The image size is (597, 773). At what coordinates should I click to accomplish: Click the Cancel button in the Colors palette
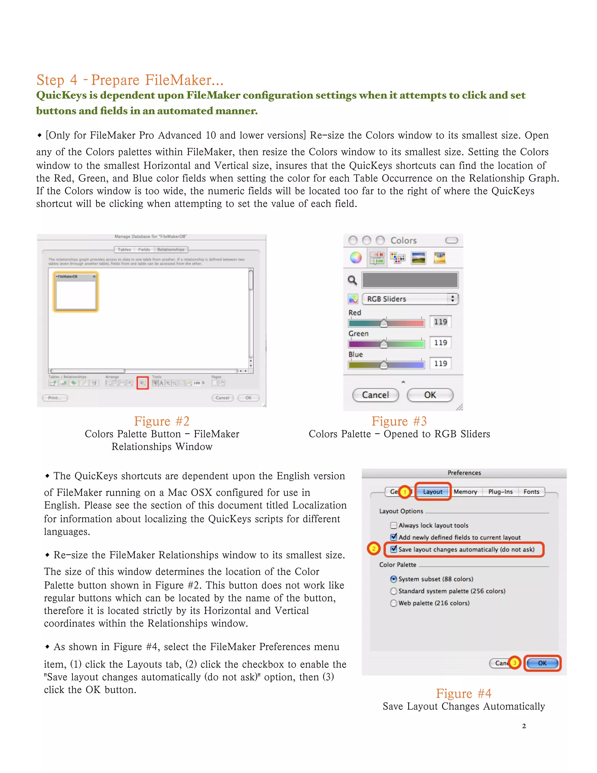[x=375, y=395]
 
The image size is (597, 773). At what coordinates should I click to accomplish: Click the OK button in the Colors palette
[x=430, y=395]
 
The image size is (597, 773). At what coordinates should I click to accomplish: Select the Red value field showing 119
[x=440, y=322]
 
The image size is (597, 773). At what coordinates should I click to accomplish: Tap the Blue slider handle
[x=384, y=365]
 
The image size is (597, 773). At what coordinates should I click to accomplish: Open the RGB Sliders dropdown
[x=410, y=299]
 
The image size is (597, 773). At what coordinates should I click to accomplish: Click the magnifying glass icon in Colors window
[x=352, y=280]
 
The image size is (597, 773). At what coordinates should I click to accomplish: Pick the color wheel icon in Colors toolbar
[x=356, y=258]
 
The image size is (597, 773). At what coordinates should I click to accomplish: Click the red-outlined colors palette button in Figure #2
[x=143, y=383]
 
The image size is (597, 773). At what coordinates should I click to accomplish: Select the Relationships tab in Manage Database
[x=171, y=249]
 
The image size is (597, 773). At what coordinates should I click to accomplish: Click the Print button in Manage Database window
[x=55, y=398]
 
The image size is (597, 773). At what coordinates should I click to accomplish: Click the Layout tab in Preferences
[x=433, y=492]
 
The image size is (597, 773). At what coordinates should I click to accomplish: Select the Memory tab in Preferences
[x=465, y=492]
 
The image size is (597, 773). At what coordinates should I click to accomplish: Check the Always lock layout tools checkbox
[x=394, y=525]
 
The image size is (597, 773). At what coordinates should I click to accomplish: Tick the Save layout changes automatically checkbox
[x=394, y=549]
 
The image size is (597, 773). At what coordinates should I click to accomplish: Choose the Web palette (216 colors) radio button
[x=394, y=603]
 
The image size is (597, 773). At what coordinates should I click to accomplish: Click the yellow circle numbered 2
[x=373, y=549]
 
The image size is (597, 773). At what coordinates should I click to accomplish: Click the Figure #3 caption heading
[x=399, y=421]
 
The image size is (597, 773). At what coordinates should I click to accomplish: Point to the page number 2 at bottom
[x=524, y=726]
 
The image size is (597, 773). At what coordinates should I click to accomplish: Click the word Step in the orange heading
[x=50, y=80]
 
